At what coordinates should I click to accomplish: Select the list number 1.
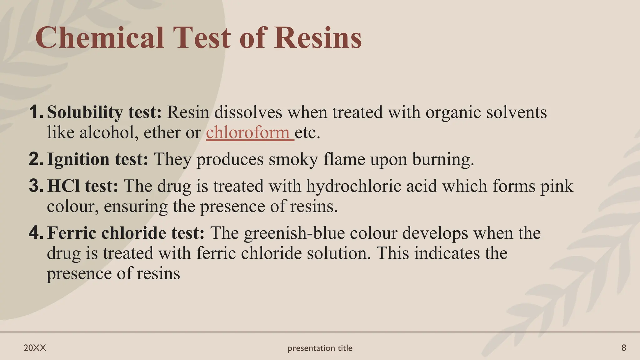point(36,112)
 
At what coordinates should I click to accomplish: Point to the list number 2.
point(36,159)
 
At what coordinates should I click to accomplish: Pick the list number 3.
point(36,186)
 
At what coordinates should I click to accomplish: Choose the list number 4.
point(36,233)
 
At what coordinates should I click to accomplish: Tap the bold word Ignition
point(78,159)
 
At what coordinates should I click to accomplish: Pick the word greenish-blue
point(294,233)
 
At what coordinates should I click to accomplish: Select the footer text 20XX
point(35,348)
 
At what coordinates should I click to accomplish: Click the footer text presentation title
point(320,348)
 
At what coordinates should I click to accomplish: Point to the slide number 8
point(623,348)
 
